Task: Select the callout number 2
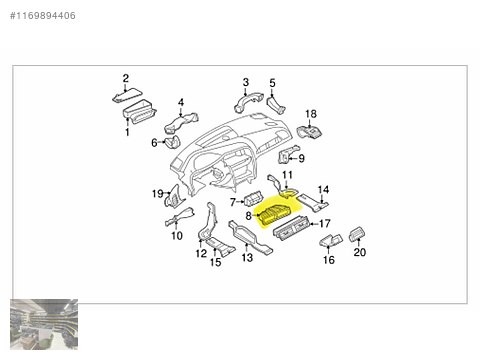[126, 78]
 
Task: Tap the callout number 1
[127, 131]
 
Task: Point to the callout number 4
[181, 102]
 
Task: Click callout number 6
[155, 143]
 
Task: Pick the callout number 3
[245, 82]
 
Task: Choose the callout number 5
[273, 82]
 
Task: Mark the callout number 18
[310, 114]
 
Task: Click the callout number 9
[301, 158]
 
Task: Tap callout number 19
[157, 193]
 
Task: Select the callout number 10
[176, 236]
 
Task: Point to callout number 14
[322, 189]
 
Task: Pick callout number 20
[359, 254]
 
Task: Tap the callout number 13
[246, 258]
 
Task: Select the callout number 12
[200, 255]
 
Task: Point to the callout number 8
[248, 216]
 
